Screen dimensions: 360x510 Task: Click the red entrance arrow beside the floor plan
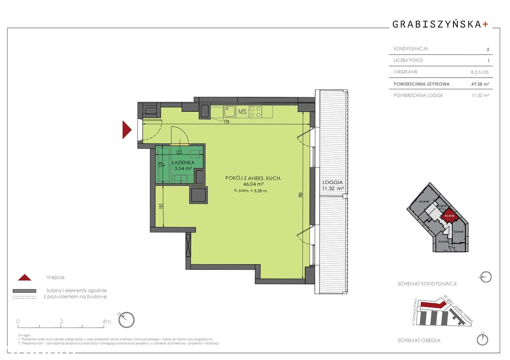coord(126,129)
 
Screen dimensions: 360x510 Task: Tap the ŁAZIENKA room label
coord(183,162)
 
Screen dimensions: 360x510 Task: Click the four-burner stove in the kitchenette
coord(255,111)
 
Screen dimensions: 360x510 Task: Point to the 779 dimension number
coord(226,122)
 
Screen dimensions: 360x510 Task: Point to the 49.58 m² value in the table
coord(480,84)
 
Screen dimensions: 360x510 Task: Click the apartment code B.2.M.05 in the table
coord(480,72)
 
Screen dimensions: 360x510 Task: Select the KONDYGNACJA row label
coord(411,49)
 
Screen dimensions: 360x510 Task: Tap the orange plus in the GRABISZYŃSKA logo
coord(485,24)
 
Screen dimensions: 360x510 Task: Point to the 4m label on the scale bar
coord(106,321)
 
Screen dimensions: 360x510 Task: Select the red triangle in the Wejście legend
coord(25,278)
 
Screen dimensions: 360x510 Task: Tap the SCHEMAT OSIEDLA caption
coord(419,340)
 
